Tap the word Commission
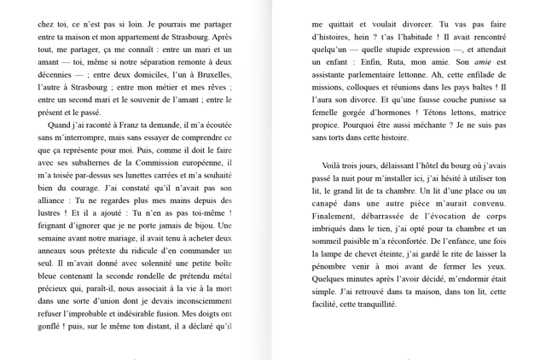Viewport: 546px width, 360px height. [150, 162]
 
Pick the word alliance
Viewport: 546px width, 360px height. [55, 200]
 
